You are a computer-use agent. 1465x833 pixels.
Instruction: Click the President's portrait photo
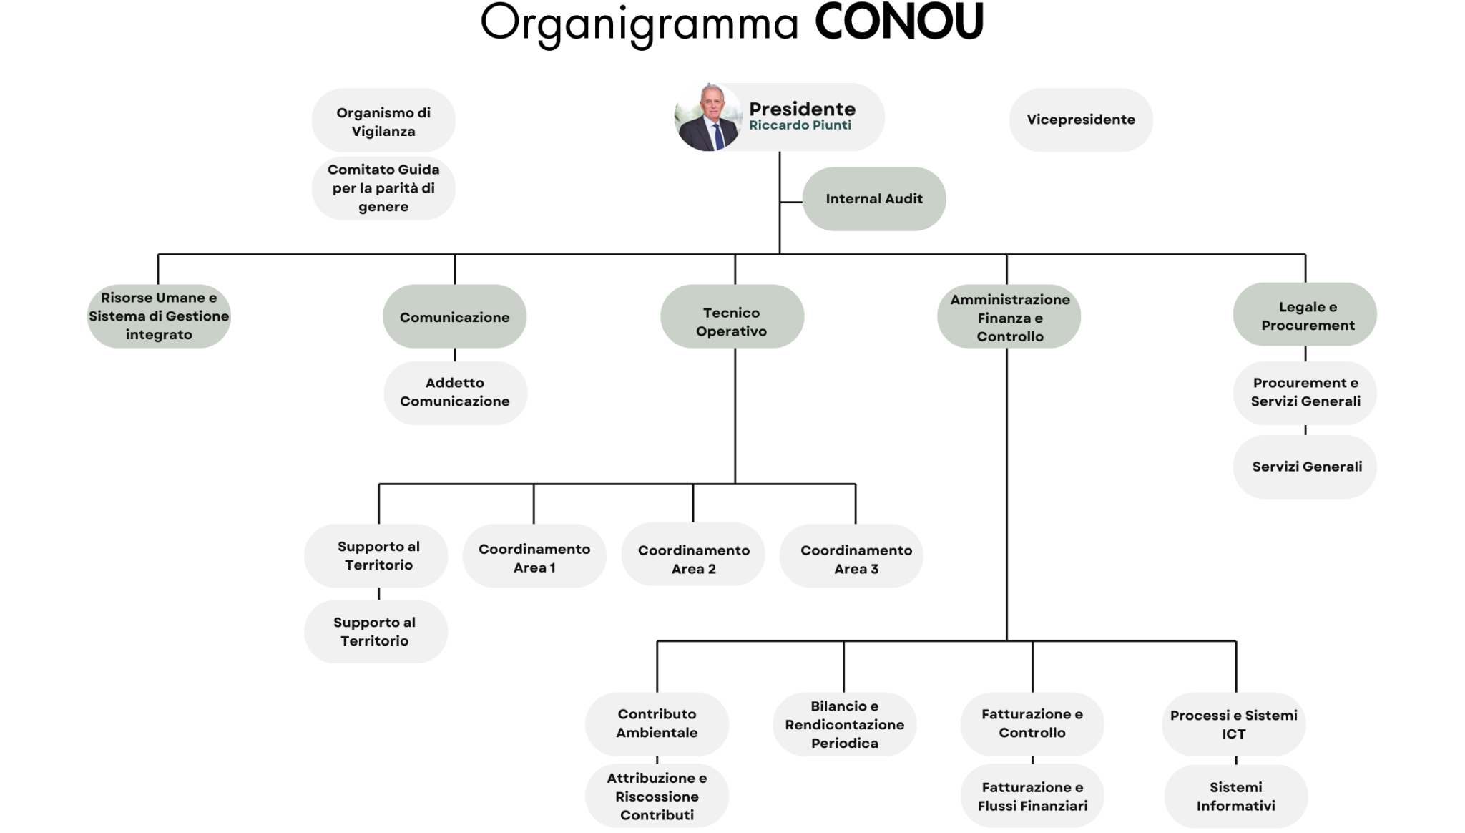(707, 118)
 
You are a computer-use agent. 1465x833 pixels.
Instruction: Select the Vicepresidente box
(1081, 120)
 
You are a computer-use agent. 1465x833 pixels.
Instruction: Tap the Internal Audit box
(873, 199)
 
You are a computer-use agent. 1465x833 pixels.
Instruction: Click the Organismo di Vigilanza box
(383, 122)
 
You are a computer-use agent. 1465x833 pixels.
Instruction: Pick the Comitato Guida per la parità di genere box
(383, 188)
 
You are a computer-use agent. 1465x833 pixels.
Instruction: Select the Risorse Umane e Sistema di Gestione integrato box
(159, 316)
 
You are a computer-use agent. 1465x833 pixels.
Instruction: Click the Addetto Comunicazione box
(455, 392)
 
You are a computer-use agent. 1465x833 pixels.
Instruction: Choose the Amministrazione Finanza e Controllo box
(1009, 317)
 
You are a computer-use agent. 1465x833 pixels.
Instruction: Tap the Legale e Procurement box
(1305, 316)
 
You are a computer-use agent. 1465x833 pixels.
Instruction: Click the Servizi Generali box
(1305, 467)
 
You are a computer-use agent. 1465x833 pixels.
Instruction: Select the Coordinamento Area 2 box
(693, 559)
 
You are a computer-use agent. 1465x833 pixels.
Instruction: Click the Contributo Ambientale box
(657, 724)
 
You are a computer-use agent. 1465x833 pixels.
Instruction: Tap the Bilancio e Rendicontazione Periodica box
(845, 724)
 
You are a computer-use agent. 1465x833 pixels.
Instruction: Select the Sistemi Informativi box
(1235, 797)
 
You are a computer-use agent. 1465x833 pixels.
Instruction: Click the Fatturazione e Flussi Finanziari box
(1032, 797)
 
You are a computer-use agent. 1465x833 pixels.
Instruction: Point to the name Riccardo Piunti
(800, 125)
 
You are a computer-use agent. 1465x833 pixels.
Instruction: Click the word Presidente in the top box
(802, 109)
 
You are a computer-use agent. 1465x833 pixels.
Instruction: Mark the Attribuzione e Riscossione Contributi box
(657, 797)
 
